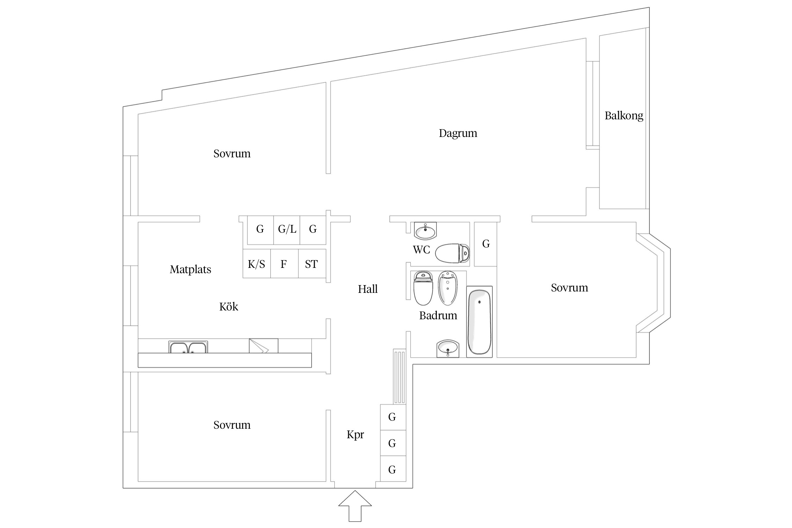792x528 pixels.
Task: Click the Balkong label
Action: (624, 116)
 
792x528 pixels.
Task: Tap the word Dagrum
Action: (458, 133)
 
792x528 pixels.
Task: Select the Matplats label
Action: (190, 270)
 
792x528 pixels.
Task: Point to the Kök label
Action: (229, 307)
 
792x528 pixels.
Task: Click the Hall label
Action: (368, 289)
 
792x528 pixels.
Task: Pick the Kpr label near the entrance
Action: (355, 435)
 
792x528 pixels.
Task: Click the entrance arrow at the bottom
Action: (355, 506)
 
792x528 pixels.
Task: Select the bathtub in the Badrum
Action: (479, 322)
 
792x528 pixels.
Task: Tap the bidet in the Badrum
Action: (447, 288)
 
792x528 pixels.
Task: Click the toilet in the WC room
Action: (452, 253)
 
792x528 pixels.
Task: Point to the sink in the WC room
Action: (425, 231)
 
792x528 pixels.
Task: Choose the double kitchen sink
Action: (188, 347)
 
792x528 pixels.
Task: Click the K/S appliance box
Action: (257, 264)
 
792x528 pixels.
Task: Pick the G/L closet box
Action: (287, 230)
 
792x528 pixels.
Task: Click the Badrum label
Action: (438, 315)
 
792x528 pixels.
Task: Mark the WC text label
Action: (421, 250)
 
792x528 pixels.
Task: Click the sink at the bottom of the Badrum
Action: (448, 348)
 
